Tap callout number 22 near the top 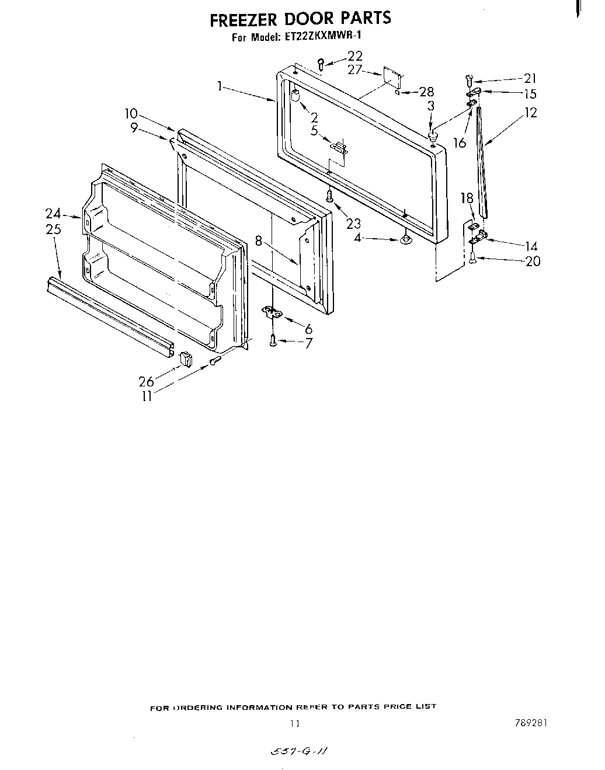tap(355, 56)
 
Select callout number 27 tap(355, 70)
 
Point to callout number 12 tap(530, 113)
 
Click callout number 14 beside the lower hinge tap(531, 246)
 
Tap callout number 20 tap(533, 261)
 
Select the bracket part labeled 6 tap(272, 313)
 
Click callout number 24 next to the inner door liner tap(54, 214)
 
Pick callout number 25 tap(53, 229)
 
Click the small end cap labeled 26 tap(186, 358)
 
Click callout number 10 tap(131, 113)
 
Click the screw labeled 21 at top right tap(468, 78)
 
